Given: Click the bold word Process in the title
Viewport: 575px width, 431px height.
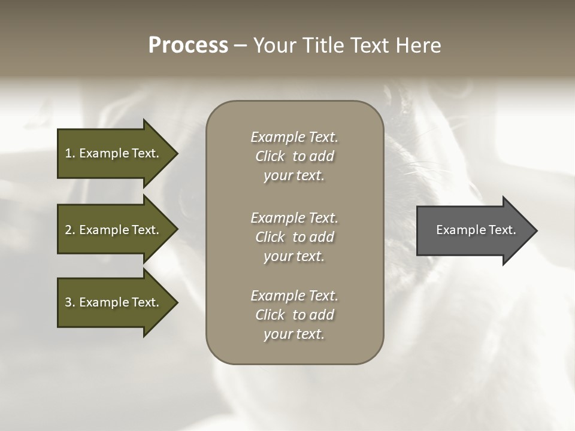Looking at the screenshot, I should (x=188, y=45).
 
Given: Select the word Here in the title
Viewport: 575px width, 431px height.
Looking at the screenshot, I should (x=419, y=45).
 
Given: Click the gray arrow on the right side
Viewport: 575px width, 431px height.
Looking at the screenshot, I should (x=473, y=230).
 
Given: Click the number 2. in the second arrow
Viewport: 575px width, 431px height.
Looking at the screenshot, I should (x=69, y=230).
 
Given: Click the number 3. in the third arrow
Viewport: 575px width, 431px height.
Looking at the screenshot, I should (x=69, y=302).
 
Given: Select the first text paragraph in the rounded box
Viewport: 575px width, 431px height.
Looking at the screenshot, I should (x=295, y=156).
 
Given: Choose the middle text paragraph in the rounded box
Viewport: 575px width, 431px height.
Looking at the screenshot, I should (x=295, y=237).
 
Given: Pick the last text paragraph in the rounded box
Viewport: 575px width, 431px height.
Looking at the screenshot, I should (x=295, y=315).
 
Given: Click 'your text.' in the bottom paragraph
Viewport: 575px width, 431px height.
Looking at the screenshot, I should (x=294, y=335).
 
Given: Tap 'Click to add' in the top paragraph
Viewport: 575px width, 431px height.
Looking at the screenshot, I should (x=295, y=157).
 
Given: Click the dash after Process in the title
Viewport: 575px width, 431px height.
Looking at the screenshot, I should (x=241, y=45).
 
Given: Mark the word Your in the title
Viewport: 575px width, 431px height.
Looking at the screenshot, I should (x=273, y=45).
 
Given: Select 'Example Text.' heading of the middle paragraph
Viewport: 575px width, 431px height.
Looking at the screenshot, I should (x=295, y=218).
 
